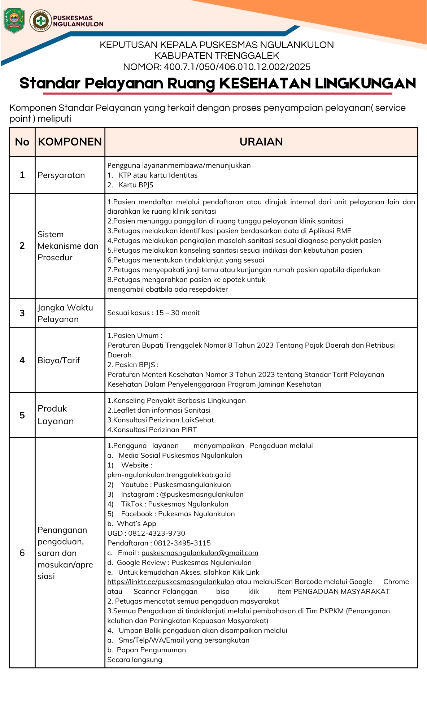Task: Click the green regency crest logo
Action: pyautogui.click(x=14, y=21)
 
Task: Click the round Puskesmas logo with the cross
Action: pyautogui.click(x=40, y=21)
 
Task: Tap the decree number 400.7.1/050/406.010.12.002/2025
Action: pyautogui.click(x=237, y=67)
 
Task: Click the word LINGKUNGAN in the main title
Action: pyautogui.click(x=365, y=83)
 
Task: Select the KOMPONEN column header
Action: pyautogui.click(x=70, y=142)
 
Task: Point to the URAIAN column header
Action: pyautogui.click(x=261, y=142)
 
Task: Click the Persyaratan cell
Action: pyautogui.click(x=61, y=175)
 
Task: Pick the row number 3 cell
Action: pyautogui.click(x=22, y=313)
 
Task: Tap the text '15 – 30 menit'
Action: pyautogui.click(x=178, y=313)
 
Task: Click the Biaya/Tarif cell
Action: pyautogui.click(x=59, y=360)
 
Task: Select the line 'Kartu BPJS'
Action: pyautogui.click(x=136, y=185)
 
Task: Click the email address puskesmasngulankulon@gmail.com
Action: pyautogui.click(x=200, y=553)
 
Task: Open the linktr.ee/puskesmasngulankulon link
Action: pyautogui.click(x=171, y=582)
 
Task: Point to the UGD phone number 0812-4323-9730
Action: pyautogui.click(x=157, y=534)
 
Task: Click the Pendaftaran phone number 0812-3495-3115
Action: pyautogui.click(x=182, y=543)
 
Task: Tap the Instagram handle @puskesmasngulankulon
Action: pyautogui.click(x=201, y=495)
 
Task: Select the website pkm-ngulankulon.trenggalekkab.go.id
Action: pyautogui.click(x=169, y=475)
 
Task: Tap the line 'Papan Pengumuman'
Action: pyautogui.click(x=152, y=650)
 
